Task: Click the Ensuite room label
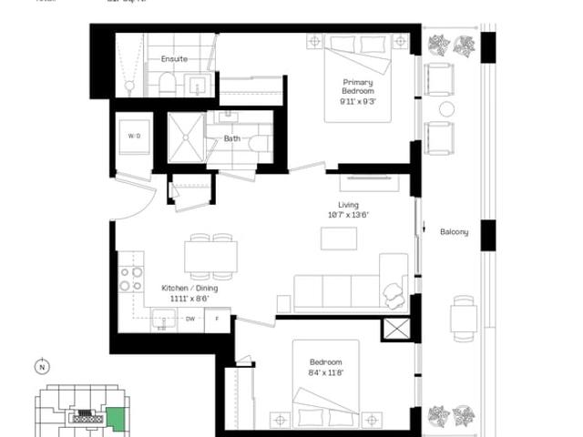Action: tap(174, 59)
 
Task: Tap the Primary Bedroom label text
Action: tap(358, 86)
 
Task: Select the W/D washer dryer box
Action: tap(134, 137)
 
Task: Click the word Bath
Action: tap(232, 138)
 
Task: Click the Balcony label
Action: tap(454, 232)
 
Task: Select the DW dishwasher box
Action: tap(190, 319)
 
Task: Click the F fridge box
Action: tap(217, 319)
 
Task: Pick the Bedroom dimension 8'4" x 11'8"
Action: tap(325, 371)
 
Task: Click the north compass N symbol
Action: tap(41, 368)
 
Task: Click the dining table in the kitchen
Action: tap(210, 256)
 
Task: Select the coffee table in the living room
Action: tap(339, 238)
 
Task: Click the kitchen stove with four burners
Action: tap(131, 278)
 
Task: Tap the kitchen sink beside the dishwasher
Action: tap(164, 318)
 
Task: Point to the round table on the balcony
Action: tap(446, 109)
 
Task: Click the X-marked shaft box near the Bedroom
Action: tap(396, 330)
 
